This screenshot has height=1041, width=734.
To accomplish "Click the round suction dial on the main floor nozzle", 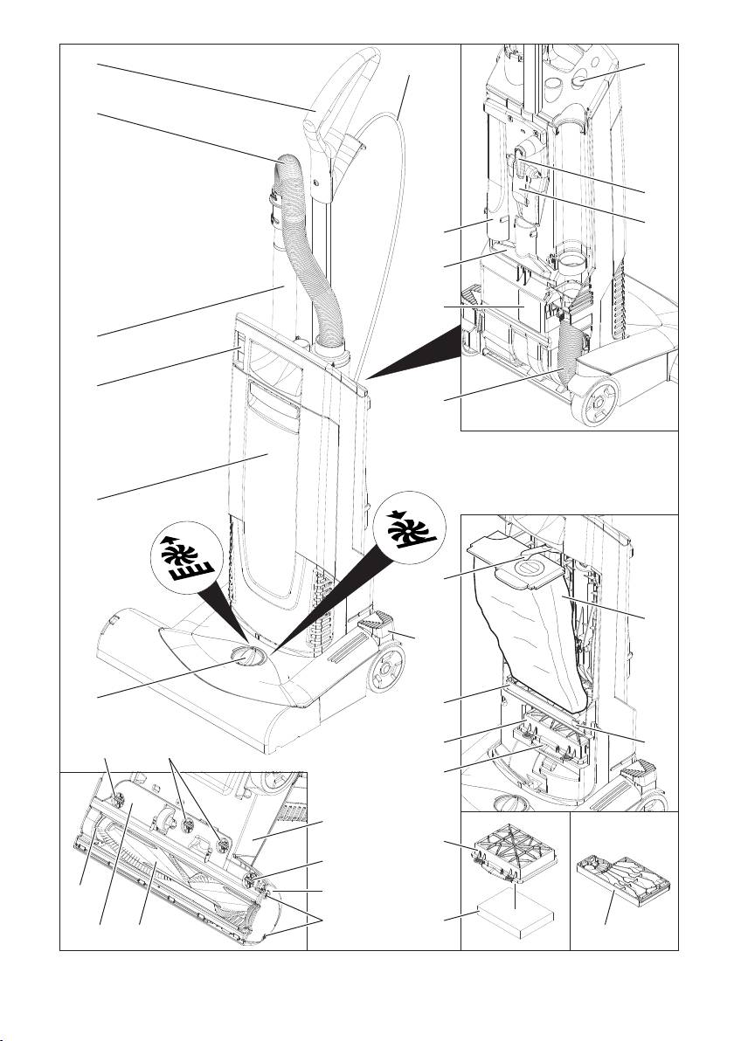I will coord(245,657).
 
